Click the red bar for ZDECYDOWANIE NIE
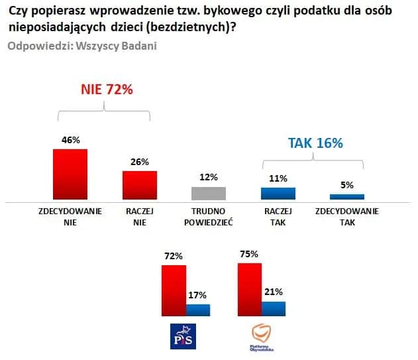(70, 174)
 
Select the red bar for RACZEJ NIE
(140, 185)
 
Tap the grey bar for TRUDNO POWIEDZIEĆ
(208, 193)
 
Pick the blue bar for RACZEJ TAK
(278, 194)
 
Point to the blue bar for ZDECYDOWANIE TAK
(347, 196)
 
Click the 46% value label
(70, 140)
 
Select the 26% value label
(140, 162)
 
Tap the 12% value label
(208, 178)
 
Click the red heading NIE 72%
(107, 90)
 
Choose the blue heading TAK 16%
(315, 143)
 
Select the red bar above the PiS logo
(174, 290)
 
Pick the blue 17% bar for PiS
(198, 310)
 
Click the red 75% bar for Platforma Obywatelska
(249, 289)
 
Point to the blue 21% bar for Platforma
(274, 308)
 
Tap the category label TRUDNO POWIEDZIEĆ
(208, 217)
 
